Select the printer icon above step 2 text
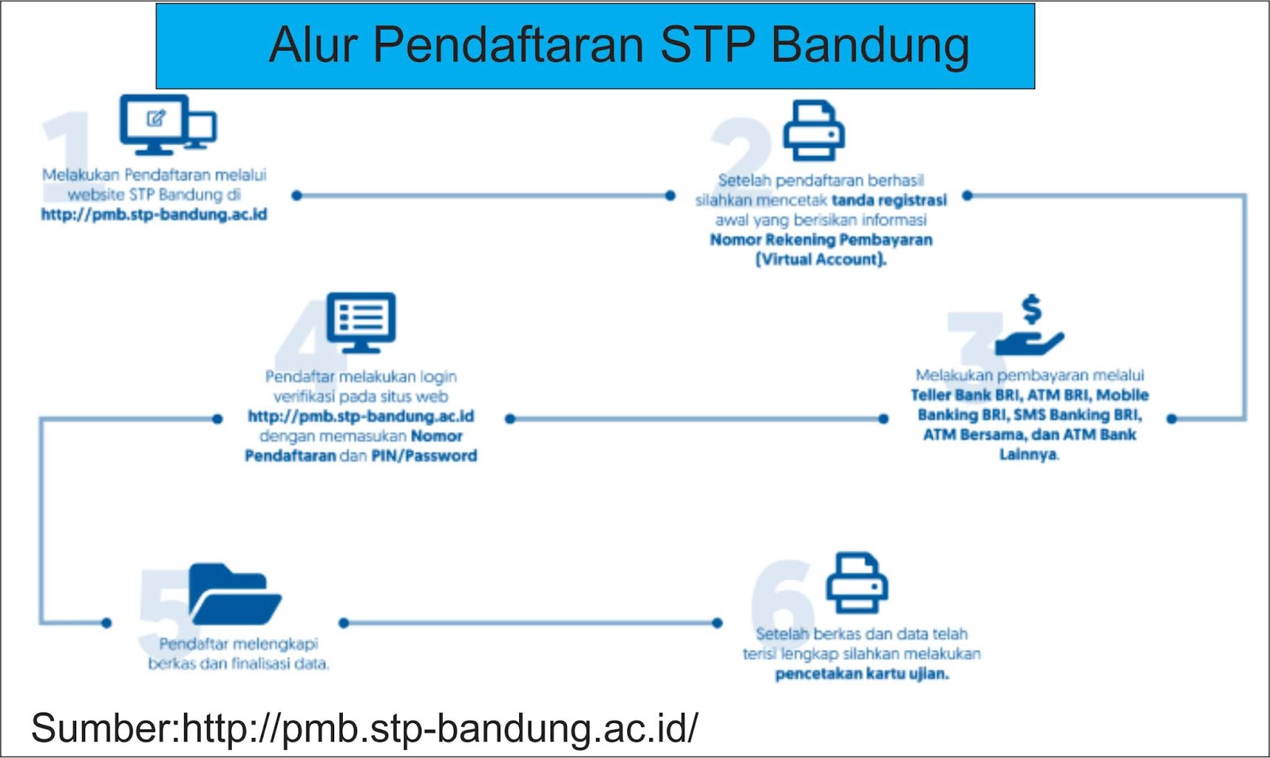pyautogui.click(x=814, y=131)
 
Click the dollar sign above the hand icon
pyautogui.click(x=1031, y=309)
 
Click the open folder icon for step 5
pyautogui.click(x=234, y=595)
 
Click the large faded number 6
pyautogui.click(x=782, y=599)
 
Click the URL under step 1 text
pyautogui.click(x=154, y=214)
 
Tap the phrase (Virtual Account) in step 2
pyautogui.click(x=821, y=260)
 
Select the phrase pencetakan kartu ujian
pyautogui.click(x=862, y=674)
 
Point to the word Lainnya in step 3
pyautogui.click(x=1028, y=455)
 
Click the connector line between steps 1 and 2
pyautogui.click(x=484, y=195)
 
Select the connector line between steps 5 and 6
pyautogui.click(x=530, y=623)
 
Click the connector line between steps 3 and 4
pyautogui.click(x=696, y=418)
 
